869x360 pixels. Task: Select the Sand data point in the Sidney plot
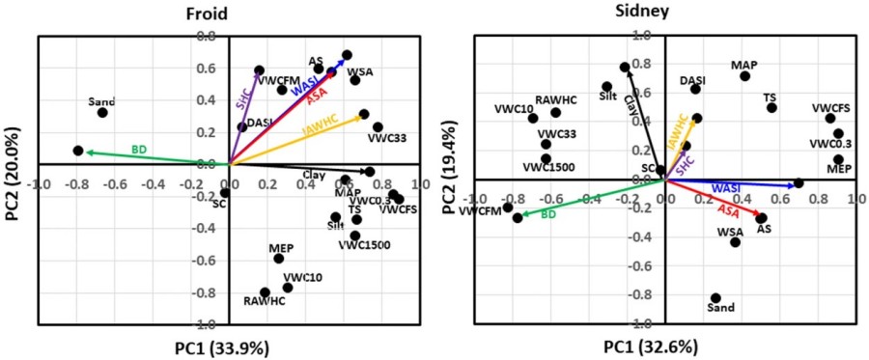(715, 298)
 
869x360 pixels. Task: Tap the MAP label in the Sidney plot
(743, 65)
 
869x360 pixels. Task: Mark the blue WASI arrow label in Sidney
(727, 188)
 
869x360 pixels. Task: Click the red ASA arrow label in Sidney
(730, 210)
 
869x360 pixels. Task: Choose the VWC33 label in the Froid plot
(386, 138)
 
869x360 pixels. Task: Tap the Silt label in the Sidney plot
(608, 97)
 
